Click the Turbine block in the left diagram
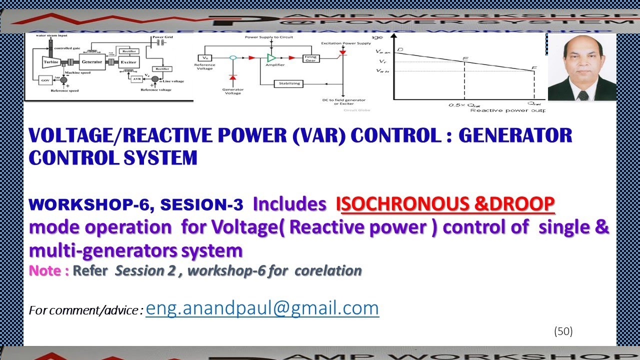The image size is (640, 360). (x=49, y=62)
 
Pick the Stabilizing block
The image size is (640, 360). (x=288, y=83)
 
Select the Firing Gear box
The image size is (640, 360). (x=310, y=58)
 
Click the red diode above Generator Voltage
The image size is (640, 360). (x=232, y=77)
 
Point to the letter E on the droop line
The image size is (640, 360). (x=465, y=59)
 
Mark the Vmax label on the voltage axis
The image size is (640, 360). (x=381, y=51)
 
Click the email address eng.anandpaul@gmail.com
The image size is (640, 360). (x=262, y=308)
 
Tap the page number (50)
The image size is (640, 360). (x=563, y=331)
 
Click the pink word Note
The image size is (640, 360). (x=48, y=270)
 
